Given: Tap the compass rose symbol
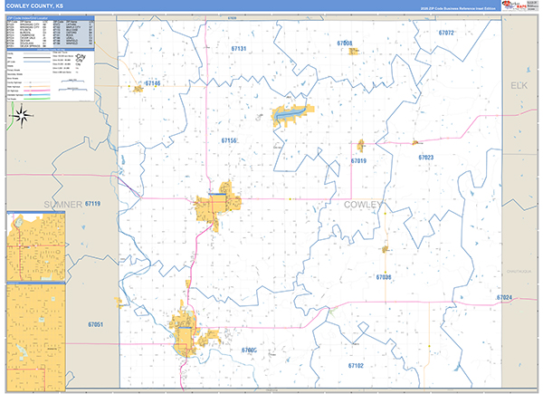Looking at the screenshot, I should point(24,115).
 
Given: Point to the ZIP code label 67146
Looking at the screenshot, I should point(152,84).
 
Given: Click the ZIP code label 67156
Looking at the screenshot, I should point(228,140).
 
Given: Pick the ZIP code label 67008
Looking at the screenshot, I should point(344,43).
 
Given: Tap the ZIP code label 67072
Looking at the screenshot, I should point(445,33).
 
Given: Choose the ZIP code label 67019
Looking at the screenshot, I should point(358,160).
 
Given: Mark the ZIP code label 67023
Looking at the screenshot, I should point(426,158).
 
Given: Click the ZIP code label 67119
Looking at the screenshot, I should point(92,204).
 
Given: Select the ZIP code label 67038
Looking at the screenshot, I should point(384,276).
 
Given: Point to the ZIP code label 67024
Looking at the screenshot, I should point(504,298).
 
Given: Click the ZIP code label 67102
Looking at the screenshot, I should point(356,365).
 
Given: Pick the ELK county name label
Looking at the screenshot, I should point(519,85).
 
